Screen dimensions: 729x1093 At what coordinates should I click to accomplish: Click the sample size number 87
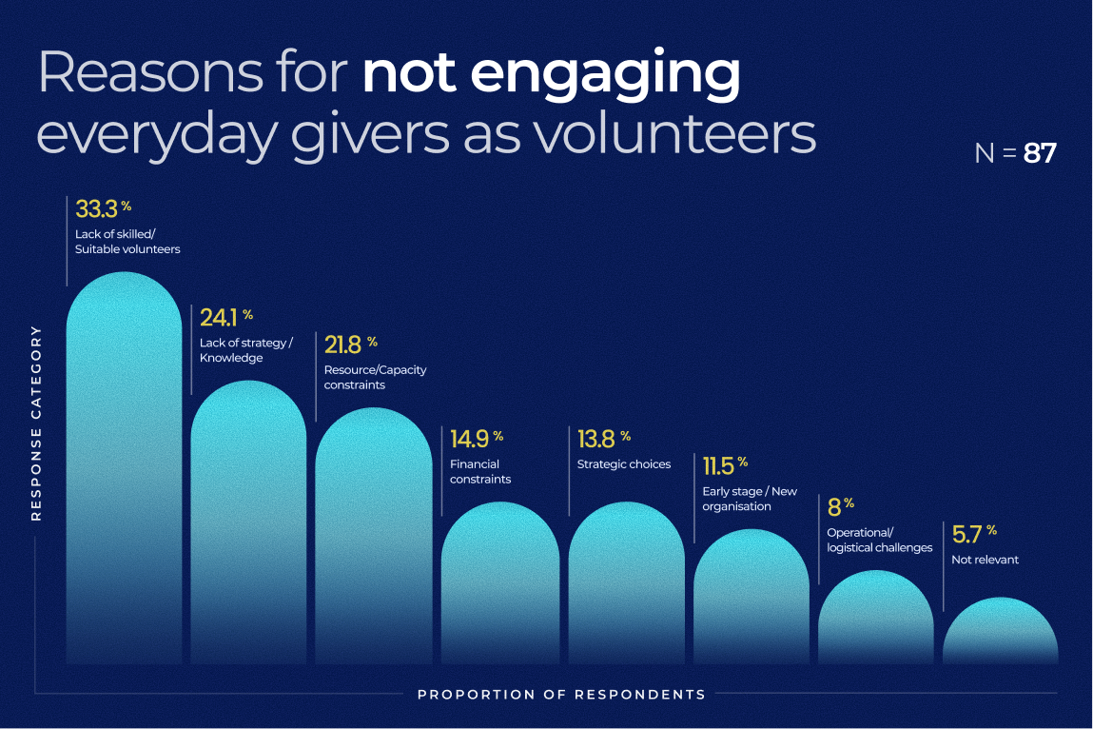click(x=1040, y=153)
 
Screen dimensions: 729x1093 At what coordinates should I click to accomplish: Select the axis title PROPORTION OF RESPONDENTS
click(x=561, y=694)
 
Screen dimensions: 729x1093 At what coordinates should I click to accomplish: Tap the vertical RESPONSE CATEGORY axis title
click(x=37, y=423)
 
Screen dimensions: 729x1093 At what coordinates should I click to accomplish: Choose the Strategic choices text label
click(x=623, y=464)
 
